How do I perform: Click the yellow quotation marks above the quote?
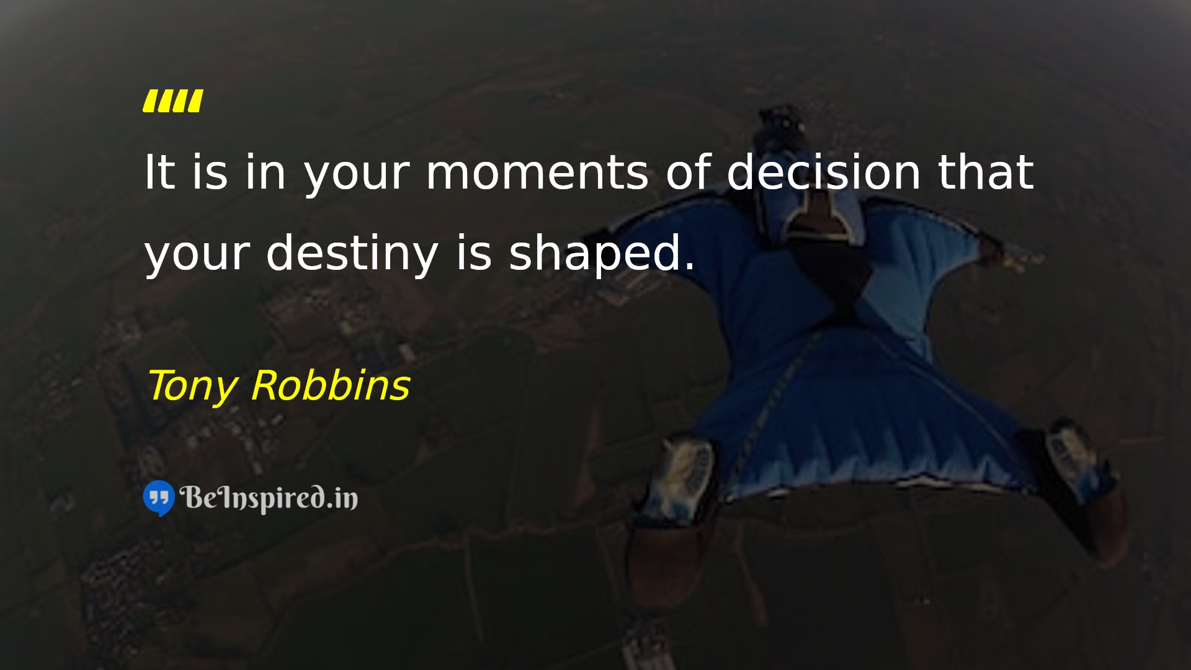pyautogui.click(x=172, y=101)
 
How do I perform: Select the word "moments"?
pyautogui.click(x=537, y=173)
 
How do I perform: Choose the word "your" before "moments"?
pyautogui.click(x=357, y=177)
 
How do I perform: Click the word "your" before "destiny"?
pyautogui.click(x=197, y=257)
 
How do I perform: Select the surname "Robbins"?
pyautogui.click(x=331, y=385)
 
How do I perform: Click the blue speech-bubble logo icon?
pyautogui.click(x=159, y=498)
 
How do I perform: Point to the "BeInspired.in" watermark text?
pyautogui.click(x=269, y=498)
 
